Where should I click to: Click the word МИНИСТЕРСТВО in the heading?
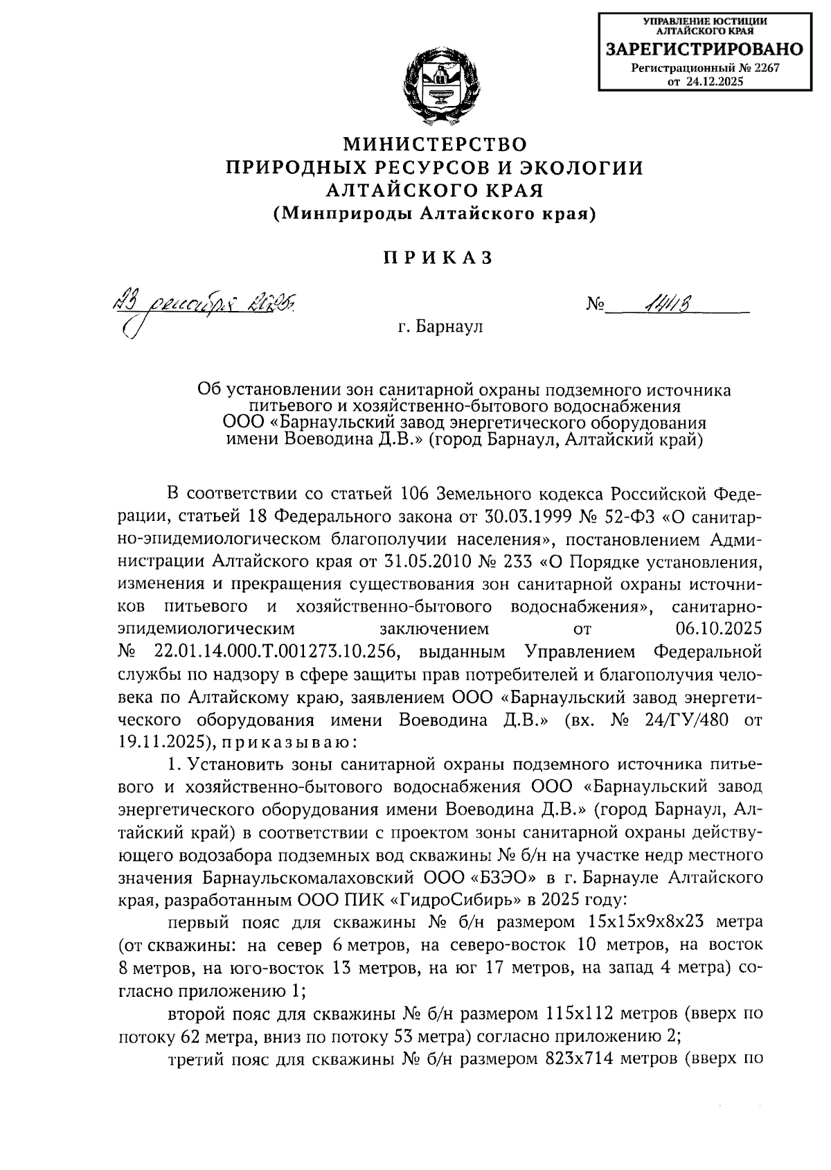point(436,144)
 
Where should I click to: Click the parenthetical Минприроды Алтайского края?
point(435,215)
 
